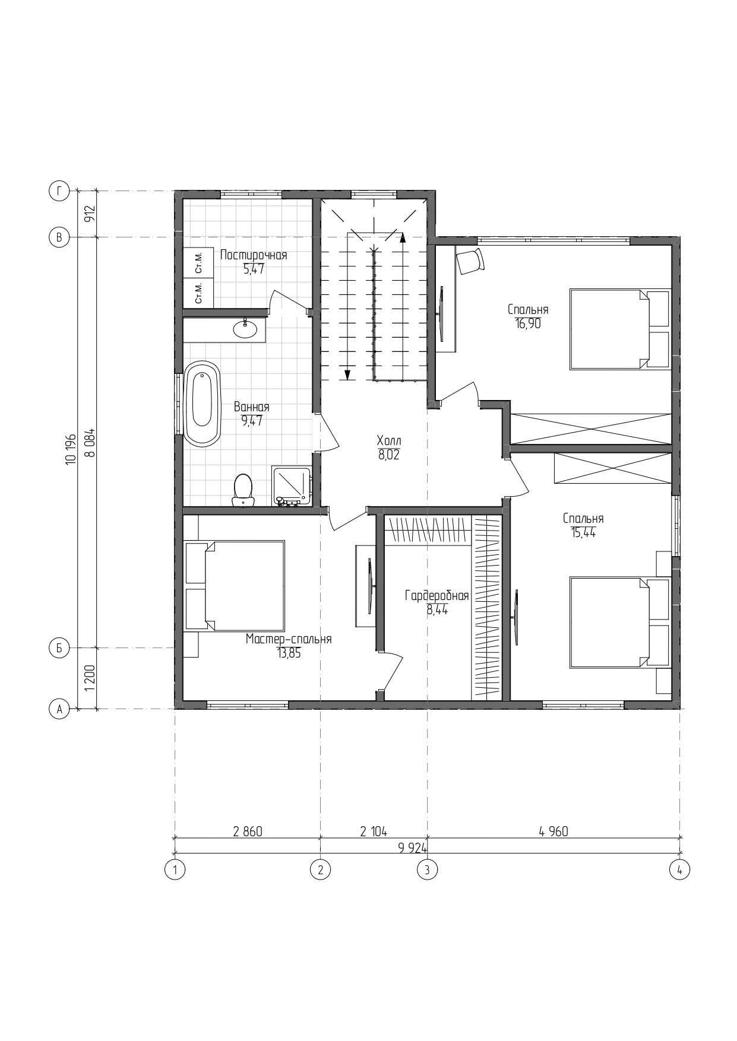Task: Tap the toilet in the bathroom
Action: [x=243, y=490]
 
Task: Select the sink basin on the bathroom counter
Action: [x=245, y=328]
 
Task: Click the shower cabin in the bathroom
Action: [x=292, y=486]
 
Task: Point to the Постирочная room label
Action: [x=254, y=255]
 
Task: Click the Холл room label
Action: [x=389, y=441]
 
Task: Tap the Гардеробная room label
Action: [x=437, y=596]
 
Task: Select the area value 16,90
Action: [x=528, y=324]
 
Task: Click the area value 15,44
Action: [x=583, y=532]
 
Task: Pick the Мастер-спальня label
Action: [x=289, y=639]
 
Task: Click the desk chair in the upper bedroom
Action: [x=470, y=261]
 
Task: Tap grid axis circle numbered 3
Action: [x=427, y=870]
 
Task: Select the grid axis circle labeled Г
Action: [x=59, y=191]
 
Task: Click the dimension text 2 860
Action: [x=248, y=831]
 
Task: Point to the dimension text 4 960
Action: [x=553, y=831]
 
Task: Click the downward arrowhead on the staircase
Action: [x=347, y=374]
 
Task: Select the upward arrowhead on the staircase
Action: [x=403, y=239]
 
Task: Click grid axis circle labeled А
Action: [x=59, y=709]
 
